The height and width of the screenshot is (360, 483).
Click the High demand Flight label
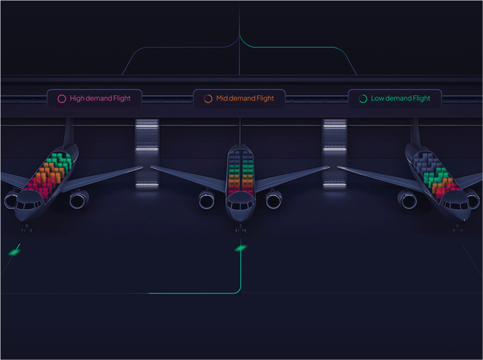pos(94,99)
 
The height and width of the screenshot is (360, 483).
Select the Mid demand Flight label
pos(239,99)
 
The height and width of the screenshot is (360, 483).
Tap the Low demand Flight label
pos(394,99)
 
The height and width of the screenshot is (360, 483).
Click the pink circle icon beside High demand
pos(62,99)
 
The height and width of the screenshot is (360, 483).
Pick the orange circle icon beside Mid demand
pos(208,99)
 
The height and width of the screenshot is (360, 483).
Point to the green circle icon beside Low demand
pos(363,99)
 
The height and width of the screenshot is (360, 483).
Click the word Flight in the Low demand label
pos(418,99)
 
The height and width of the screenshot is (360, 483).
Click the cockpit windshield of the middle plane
pos(240,205)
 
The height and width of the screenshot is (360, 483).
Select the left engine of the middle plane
pos(207,200)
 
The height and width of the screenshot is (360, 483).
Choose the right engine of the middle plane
pos(274,200)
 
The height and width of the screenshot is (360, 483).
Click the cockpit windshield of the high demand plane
pos(29,205)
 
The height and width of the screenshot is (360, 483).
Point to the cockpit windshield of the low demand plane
pos(455,205)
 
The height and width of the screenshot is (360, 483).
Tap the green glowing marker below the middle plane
pos(240,249)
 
